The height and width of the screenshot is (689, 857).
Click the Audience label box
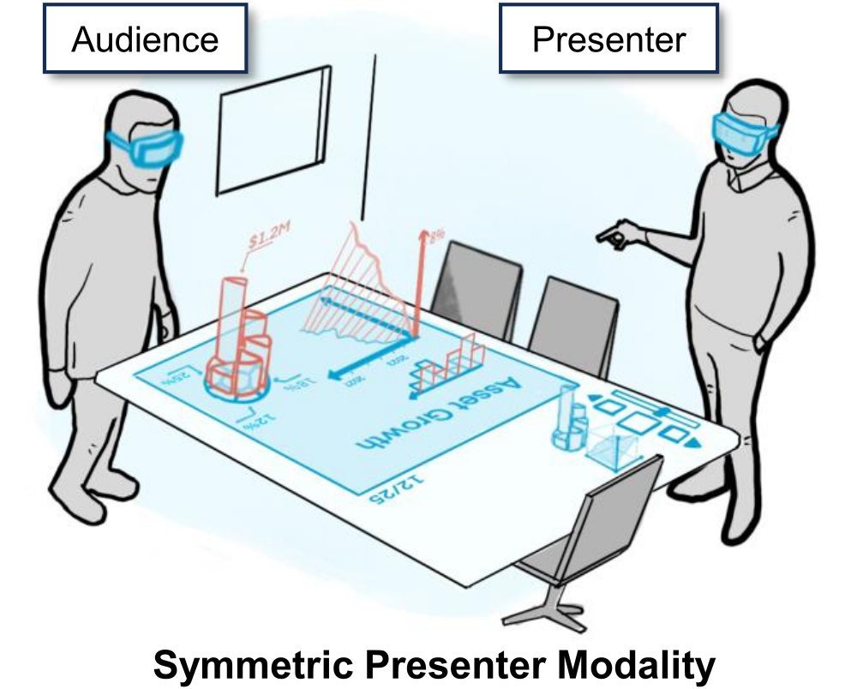[x=145, y=39]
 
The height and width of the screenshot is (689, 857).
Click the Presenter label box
[x=609, y=39]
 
